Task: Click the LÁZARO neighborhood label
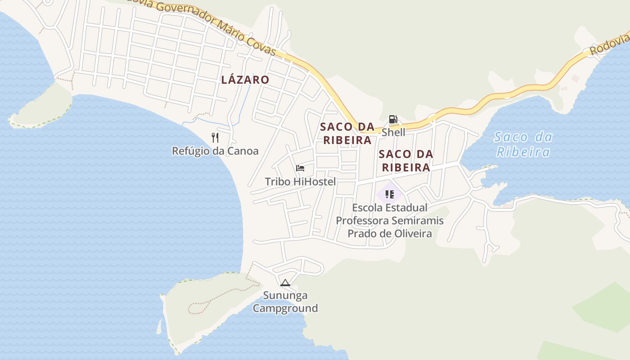[x=245, y=80]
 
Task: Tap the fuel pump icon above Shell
[x=393, y=119]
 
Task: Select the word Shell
[x=393, y=132]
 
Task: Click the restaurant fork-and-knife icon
[x=215, y=137]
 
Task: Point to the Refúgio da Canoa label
[x=215, y=151]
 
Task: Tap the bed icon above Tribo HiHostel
[x=300, y=168]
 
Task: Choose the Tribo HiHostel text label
[x=300, y=182]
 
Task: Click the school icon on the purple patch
[x=390, y=194]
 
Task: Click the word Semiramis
[x=417, y=221]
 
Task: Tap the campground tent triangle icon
[x=285, y=283]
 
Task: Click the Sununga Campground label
[x=285, y=302]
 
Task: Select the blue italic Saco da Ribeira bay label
[x=523, y=144]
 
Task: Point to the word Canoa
[x=243, y=151]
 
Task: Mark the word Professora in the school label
[x=362, y=221]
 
